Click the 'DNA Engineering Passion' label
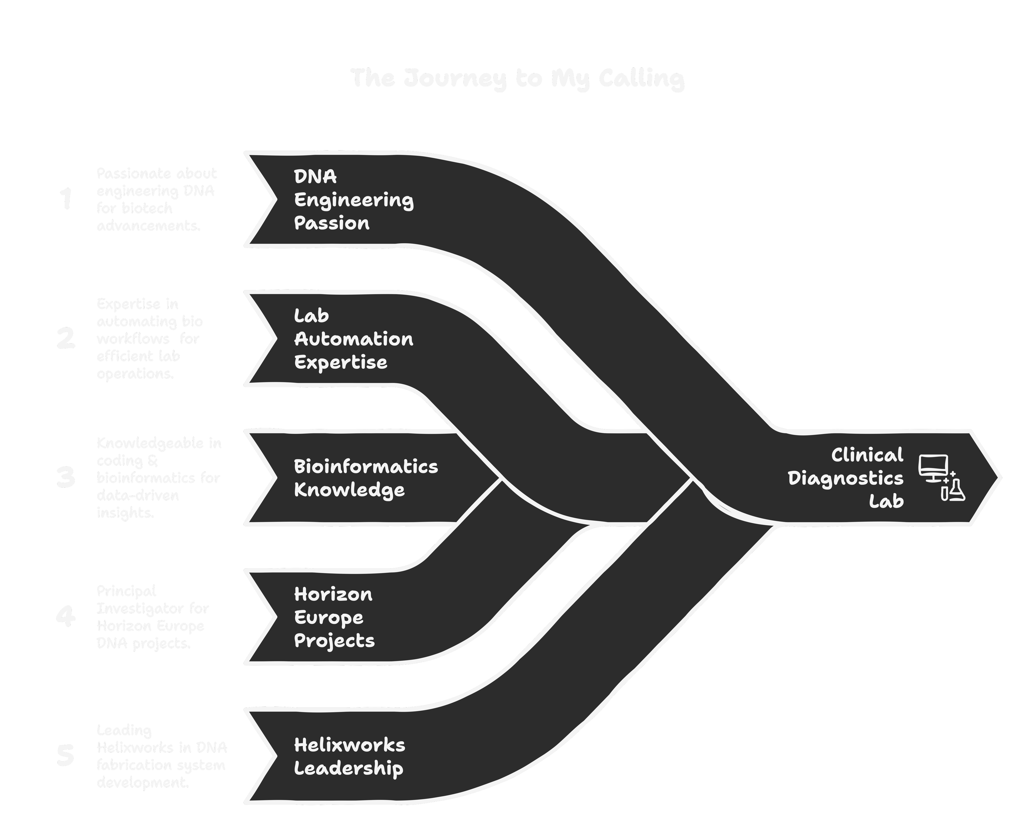click(x=353, y=200)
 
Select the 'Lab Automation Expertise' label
click(x=353, y=339)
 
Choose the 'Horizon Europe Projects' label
click(x=334, y=617)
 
